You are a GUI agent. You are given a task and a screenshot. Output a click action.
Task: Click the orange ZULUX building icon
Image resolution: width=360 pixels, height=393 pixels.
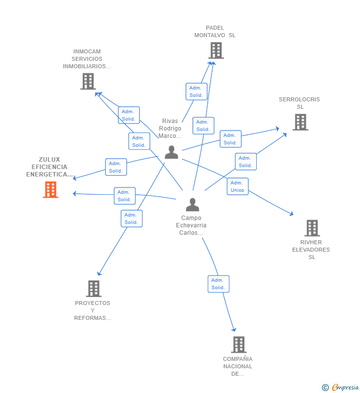point(50,190)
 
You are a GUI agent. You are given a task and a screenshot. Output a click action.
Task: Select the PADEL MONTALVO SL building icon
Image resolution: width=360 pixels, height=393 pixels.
point(216,50)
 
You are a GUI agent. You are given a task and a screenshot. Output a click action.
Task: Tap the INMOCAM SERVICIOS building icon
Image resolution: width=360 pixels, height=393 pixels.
point(88,81)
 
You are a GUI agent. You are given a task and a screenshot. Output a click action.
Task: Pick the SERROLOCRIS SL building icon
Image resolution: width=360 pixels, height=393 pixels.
point(301,122)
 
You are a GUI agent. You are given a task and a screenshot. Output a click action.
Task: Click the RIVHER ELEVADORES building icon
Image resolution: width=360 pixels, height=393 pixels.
point(312,228)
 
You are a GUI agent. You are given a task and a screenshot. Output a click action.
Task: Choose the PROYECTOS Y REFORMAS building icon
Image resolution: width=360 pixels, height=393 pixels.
point(94,289)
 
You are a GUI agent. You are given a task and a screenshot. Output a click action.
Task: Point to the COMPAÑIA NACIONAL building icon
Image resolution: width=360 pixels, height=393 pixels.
point(239,345)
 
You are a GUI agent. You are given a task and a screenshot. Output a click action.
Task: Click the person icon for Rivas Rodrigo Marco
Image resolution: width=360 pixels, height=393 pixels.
point(172,152)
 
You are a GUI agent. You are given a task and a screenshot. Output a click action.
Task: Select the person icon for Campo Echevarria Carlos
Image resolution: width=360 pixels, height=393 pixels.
point(192,205)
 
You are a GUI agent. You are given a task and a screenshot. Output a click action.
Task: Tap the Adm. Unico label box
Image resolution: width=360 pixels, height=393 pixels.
point(238,186)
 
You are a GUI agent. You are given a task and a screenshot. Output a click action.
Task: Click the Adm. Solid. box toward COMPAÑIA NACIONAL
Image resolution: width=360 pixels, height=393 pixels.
point(219,284)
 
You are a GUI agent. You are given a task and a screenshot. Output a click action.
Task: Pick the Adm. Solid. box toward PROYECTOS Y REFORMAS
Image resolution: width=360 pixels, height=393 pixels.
point(132,218)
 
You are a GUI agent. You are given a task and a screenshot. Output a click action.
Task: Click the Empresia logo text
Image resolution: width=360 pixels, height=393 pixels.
point(345,387)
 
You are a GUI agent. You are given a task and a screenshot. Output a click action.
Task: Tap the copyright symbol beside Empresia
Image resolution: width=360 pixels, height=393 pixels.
point(325,388)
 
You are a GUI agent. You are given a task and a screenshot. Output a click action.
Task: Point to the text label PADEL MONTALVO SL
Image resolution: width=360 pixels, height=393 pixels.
point(215,31)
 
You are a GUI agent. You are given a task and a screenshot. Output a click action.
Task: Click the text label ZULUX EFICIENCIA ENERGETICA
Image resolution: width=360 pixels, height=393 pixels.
point(49,167)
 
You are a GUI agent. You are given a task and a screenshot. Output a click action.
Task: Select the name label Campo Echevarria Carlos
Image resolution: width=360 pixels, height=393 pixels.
point(191,225)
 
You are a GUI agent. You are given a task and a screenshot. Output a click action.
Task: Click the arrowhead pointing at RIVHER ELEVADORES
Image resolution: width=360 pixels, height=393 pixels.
point(291,214)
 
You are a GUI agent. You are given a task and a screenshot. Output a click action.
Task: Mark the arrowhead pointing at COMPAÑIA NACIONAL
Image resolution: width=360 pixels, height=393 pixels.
point(233,329)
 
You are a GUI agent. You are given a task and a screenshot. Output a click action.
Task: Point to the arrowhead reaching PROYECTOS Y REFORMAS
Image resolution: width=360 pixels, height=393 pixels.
point(99,273)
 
